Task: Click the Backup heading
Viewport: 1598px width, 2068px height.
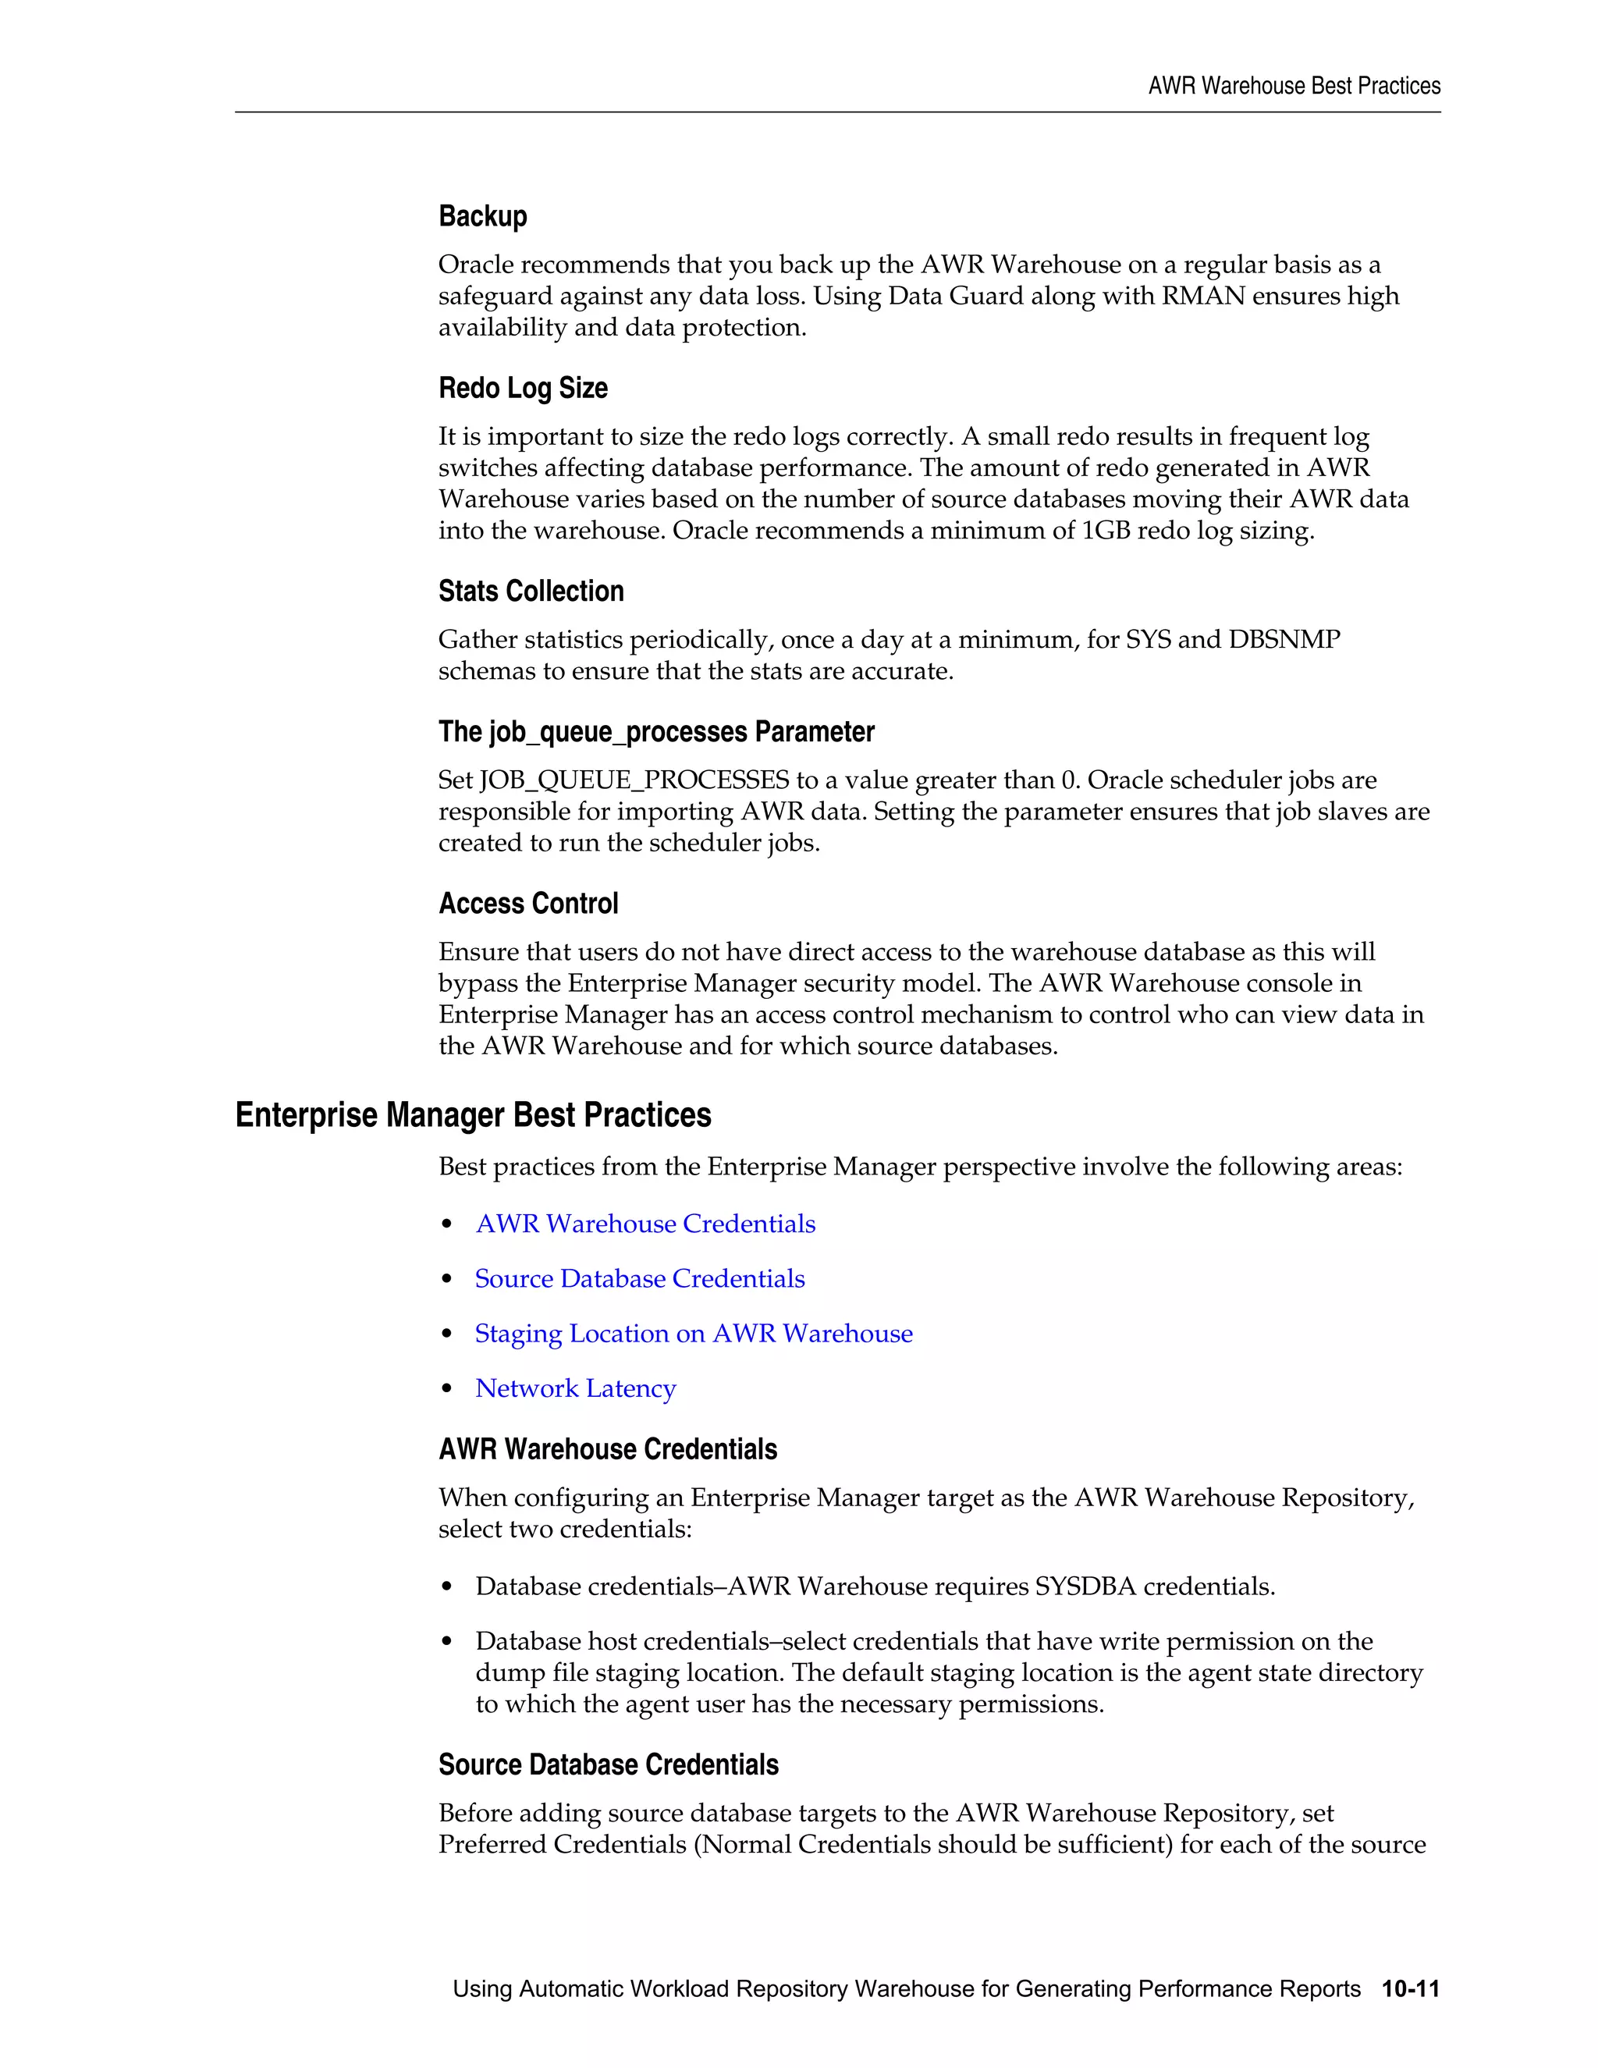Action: click(483, 217)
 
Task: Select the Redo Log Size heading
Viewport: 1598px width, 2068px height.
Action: click(523, 388)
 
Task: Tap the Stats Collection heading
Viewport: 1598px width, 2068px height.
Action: click(531, 592)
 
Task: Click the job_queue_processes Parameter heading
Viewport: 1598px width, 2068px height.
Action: click(656, 732)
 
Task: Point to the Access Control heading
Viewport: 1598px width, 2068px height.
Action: click(528, 904)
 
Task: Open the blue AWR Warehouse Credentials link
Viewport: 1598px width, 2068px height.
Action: click(645, 1224)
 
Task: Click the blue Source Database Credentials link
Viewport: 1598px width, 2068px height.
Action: click(640, 1279)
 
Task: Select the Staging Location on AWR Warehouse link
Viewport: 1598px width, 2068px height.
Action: click(694, 1334)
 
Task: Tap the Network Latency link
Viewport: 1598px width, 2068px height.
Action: click(576, 1389)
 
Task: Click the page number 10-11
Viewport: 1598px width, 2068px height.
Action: click(1410, 1989)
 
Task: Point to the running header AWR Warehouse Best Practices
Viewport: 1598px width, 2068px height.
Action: click(1294, 86)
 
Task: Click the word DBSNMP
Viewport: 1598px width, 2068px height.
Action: click(1284, 640)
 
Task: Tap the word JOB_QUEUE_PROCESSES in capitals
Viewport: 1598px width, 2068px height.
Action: click(634, 780)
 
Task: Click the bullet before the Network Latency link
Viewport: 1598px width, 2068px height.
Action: click(448, 1390)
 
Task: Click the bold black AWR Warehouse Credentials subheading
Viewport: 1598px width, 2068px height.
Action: click(608, 1450)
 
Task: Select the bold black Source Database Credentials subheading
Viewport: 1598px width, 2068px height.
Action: click(608, 1765)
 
